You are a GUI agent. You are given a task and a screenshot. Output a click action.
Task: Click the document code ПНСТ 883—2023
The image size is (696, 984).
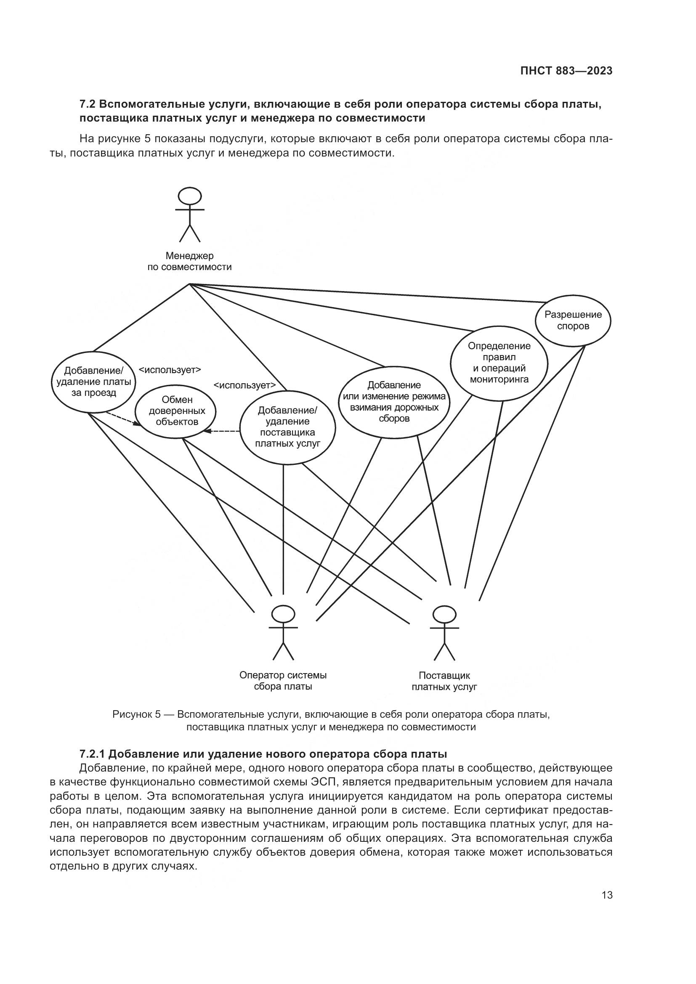click(x=566, y=71)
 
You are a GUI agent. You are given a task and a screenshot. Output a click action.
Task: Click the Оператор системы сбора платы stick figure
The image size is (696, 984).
click(x=283, y=633)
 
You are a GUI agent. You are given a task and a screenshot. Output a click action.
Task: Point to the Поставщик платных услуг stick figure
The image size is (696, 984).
click(x=444, y=633)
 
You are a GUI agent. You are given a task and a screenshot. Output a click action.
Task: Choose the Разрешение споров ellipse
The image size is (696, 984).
click(x=573, y=320)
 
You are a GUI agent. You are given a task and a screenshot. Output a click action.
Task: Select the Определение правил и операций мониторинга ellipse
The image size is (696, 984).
click(x=499, y=363)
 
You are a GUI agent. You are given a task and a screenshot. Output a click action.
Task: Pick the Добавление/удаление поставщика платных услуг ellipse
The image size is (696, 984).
click(x=287, y=427)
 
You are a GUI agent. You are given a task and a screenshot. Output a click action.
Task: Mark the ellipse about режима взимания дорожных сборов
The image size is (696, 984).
click(x=394, y=402)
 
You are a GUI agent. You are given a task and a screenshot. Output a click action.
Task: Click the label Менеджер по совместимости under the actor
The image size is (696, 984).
click(x=189, y=262)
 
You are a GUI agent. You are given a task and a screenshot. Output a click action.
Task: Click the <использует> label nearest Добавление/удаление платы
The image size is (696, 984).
click(x=170, y=370)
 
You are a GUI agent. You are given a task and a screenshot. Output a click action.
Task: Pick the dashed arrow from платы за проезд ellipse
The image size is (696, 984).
click(x=123, y=419)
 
